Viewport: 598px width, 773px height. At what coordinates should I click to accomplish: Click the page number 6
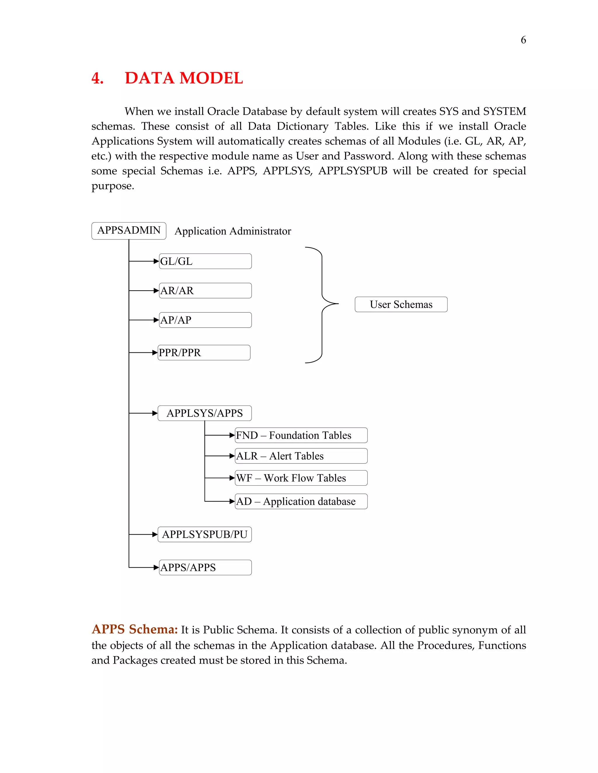tap(523, 40)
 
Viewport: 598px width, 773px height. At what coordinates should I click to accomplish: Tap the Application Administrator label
tap(233, 231)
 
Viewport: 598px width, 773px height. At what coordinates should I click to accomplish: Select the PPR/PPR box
tap(204, 353)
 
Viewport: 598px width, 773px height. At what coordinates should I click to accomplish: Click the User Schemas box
tap(401, 304)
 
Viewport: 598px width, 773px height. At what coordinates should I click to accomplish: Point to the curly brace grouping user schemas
tap(322, 304)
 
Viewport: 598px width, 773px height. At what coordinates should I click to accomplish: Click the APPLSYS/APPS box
tap(204, 413)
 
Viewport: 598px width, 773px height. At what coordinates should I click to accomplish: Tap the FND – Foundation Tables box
tap(301, 435)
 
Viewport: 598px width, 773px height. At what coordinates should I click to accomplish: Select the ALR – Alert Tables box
tap(301, 456)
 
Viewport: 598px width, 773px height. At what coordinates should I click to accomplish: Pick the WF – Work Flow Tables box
tap(301, 478)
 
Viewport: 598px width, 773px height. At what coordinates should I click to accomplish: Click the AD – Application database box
tap(301, 501)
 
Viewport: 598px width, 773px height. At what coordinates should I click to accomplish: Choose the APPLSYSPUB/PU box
tap(204, 534)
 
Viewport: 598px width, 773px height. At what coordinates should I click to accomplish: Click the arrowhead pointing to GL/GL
tap(156, 261)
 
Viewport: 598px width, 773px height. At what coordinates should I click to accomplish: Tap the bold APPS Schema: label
tap(135, 629)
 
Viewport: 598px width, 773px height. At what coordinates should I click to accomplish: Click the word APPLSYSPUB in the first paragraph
tap(352, 171)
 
